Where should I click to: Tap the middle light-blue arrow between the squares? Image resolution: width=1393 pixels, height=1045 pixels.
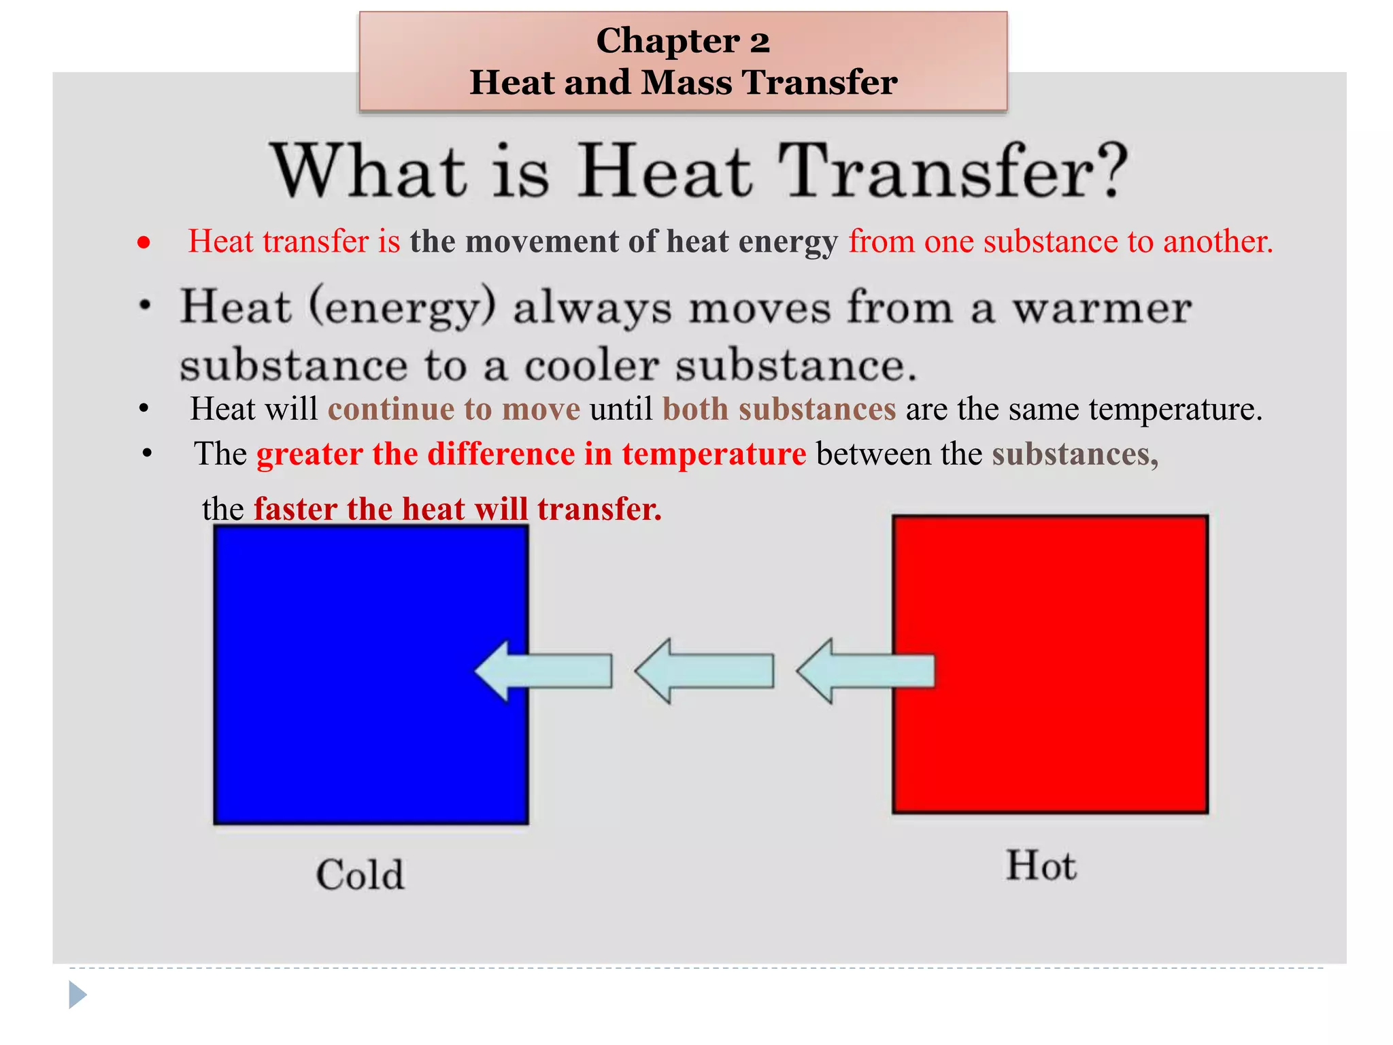point(705,671)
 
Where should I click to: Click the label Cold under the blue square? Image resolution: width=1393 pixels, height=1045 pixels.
point(360,874)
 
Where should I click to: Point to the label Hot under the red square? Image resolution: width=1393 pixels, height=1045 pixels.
point(1041,866)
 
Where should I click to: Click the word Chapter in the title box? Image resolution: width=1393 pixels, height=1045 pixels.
point(667,41)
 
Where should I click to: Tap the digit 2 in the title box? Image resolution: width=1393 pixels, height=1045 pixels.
point(759,42)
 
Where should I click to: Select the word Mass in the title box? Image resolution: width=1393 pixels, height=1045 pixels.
point(686,83)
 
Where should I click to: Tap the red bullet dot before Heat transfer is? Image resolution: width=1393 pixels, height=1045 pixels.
point(144,242)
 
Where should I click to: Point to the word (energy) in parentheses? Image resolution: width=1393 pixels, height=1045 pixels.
point(402,308)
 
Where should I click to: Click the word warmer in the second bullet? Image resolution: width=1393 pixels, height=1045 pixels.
point(1102,308)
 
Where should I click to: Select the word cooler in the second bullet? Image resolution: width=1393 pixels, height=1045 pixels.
point(592,366)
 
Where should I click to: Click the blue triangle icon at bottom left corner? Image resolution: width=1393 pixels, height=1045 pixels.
point(78,995)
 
